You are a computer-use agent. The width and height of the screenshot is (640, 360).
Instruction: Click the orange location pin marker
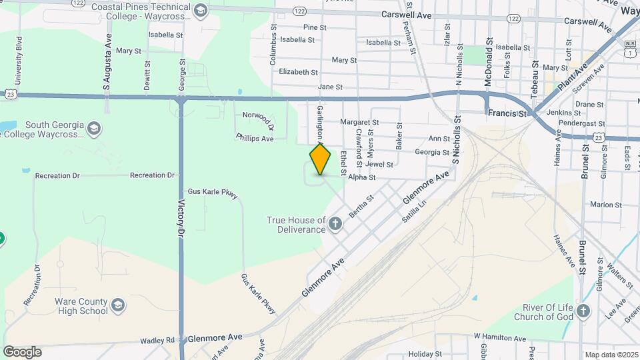[320, 159]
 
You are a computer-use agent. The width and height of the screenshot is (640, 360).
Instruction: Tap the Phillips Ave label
[255, 138]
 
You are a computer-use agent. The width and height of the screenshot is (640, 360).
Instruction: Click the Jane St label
[330, 87]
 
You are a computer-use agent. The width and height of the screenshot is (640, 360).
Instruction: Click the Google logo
[22, 351]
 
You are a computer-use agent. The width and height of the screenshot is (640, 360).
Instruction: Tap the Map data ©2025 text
[611, 355]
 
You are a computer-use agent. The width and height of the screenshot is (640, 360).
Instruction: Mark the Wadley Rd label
[157, 340]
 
